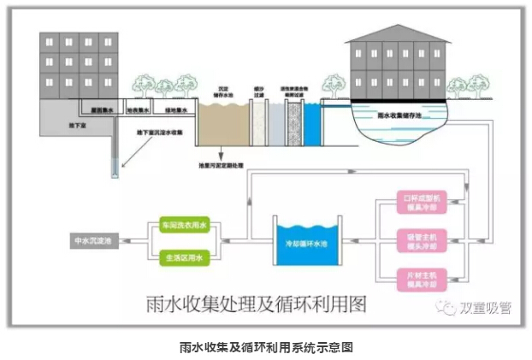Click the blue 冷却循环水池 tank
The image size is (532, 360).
306,241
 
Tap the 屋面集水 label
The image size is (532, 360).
102,110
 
